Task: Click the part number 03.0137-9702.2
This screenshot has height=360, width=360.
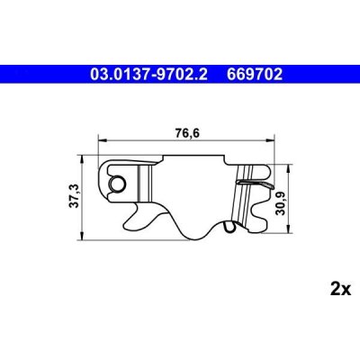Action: coord(148,74)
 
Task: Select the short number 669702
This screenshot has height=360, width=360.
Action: coord(255,74)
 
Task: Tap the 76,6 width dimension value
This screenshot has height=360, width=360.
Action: coord(187,133)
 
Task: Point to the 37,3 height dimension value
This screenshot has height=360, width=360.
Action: coord(75,195)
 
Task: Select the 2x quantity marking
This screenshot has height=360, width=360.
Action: coord(340,290)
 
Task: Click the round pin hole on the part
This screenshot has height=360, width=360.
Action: coord(115,183)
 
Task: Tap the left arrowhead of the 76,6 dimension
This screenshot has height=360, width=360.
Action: coord(103,139)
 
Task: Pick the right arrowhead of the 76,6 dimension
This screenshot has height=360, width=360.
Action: coord(270,139)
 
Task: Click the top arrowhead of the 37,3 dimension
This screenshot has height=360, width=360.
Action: coord(82,159)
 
